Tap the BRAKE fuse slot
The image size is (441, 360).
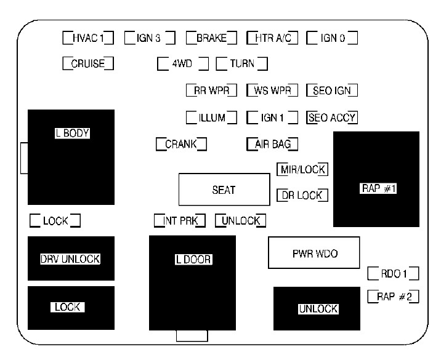(x=211, y=38)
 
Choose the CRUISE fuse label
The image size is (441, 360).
(x=89, y=63)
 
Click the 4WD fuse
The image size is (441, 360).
(x=183, y=63)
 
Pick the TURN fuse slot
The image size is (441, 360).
(x=241, y=63)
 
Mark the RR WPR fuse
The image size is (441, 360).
(x=211, y=90)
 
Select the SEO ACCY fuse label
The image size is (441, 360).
(x=332, y=117)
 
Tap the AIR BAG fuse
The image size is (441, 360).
(x=272, y=145)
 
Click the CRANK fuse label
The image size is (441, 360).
(x=180, y=145)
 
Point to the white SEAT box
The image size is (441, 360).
(x=224, y=190)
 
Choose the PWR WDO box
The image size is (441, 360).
(x=314, y=252)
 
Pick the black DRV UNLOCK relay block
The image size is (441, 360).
(x=70, y=258)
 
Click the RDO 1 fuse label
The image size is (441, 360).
(x=393, y=273)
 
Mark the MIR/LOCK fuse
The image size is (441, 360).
(x=302, y=170)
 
